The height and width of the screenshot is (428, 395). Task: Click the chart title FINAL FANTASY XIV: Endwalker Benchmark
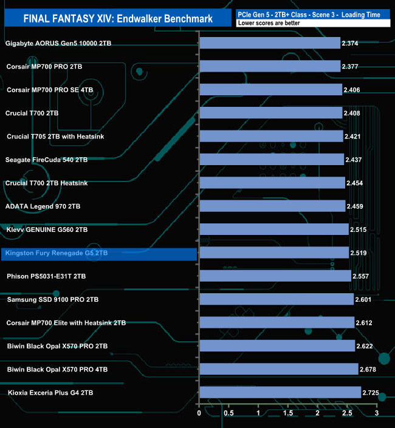(x=118, y=18)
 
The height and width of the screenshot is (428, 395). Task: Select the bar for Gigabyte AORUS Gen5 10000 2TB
(x=269, y=43)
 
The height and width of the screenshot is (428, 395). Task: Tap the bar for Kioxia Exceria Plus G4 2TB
(x=280, y=393)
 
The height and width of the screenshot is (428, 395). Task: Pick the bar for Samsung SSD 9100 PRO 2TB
(x=276, y=299)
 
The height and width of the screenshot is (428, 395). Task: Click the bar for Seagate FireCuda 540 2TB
(x=272, y=160)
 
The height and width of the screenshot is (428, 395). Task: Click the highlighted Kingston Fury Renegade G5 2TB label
(x=56, y=253)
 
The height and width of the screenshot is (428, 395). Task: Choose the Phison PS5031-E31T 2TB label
(x=46, y=276)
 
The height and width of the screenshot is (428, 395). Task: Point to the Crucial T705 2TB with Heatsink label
(x=55, y=137)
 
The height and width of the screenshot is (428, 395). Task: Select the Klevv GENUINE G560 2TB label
(x=47, y=230)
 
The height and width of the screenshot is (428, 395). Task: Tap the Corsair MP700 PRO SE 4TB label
(x=50, y=90)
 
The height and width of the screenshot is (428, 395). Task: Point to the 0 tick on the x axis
(x=199, y=413)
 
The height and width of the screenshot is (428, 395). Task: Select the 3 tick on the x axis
(x=376, y=413)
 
